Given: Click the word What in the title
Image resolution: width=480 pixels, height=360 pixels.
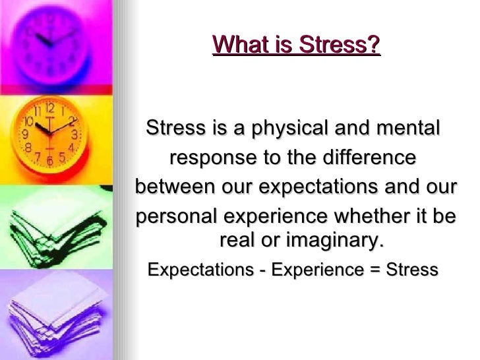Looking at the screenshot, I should click(237, 45).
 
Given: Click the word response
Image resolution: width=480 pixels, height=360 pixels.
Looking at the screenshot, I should click(211, 158).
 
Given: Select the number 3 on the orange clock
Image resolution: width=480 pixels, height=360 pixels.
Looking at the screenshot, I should click(75, 134).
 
